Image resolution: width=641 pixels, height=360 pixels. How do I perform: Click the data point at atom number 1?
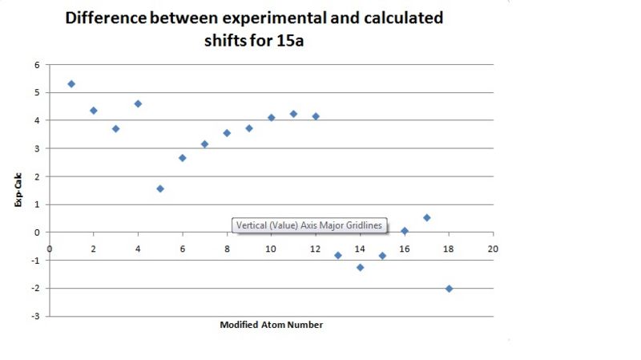pyautogui.click(x=71, y=83)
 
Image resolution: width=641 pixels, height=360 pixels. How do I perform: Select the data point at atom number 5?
pyautogui.click(x=160, y=188)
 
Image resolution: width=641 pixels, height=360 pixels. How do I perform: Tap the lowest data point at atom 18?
pyautogui.click(x=449, y=289)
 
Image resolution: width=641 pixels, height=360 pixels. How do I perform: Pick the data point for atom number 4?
pyautogui.click(x=138, y=103)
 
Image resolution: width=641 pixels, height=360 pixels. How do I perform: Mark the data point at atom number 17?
pyautogui.click(x=426, y=217)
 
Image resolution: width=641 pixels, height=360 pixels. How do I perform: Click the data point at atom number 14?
pyautogui.click(x=360, y=267)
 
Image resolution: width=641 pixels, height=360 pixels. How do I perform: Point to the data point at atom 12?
pyautogui.click(x=316, y=116)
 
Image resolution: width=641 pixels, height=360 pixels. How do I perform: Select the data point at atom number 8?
pyautogui.click(x=227, y=133)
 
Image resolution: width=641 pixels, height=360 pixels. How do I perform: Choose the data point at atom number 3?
pyautogui.click(x=115, y=128)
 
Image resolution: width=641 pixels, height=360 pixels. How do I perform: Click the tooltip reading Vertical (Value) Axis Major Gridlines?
pyautogui.click(x=308, y=225)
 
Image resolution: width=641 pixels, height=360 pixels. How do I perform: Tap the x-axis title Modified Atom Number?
pyautogui.click(x=271, y=325)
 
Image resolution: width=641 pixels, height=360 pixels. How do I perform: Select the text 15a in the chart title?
pyautogui.click(x=288, y=40)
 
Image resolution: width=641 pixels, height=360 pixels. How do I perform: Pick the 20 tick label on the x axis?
pyautogui.click(x=493, y=249)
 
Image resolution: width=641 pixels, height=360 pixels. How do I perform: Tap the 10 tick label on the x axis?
pyautogui.click(x=271, y=249)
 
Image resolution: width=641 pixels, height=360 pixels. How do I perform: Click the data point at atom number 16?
pyautogui.click(x=405, y=231)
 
